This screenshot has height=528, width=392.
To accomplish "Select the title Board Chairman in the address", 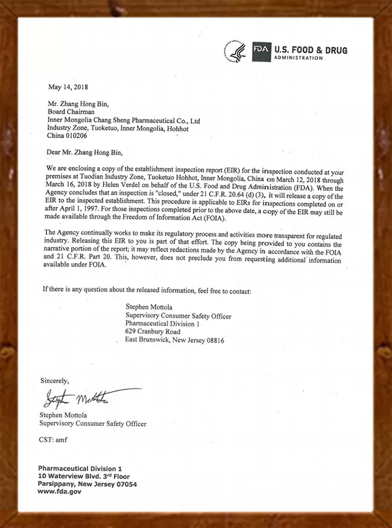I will (x=74, y=111).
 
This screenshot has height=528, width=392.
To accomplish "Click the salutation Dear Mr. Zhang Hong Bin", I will (x=89, y=152).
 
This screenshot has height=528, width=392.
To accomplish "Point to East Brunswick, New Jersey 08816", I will (x=174, y=340).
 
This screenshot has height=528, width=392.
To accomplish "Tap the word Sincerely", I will (x=55, y=381).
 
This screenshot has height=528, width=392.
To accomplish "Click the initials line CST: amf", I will (x=54, y=439).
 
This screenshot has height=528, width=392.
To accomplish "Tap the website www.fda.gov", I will (x=59, y=491).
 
